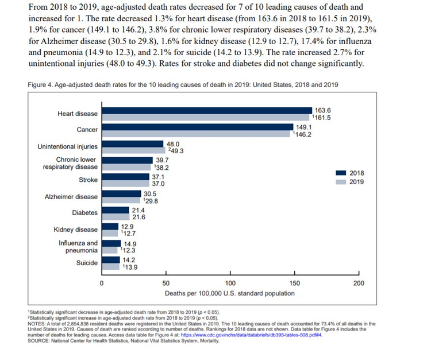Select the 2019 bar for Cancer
(196, 134)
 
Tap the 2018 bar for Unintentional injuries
(133, 143)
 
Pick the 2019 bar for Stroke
(125, 184)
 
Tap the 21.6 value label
(138, 218)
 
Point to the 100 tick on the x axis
(230, 283)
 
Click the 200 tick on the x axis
(359, 283)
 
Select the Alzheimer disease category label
(71, 197)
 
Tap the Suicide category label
(87, 263)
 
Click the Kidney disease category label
(76, 230)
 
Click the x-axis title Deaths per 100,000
(230, 293)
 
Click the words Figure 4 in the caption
(40, 84)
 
